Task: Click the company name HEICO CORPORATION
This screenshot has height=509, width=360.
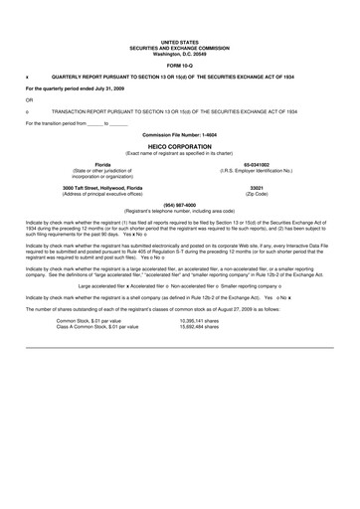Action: point(179,145)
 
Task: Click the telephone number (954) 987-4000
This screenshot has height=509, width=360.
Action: point(179,206)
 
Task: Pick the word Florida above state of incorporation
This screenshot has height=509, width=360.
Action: point(102,164)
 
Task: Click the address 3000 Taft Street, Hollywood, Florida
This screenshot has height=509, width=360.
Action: point(102,188)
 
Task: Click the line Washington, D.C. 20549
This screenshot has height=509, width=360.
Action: point(180,51)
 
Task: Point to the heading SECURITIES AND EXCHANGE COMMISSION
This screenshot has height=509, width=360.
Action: point(180,46)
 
